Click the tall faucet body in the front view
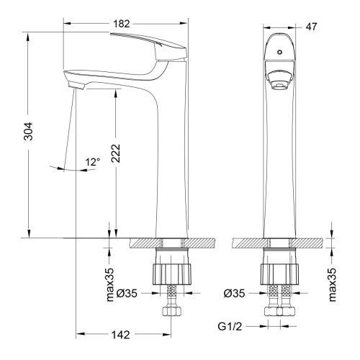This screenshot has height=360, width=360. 281,166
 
